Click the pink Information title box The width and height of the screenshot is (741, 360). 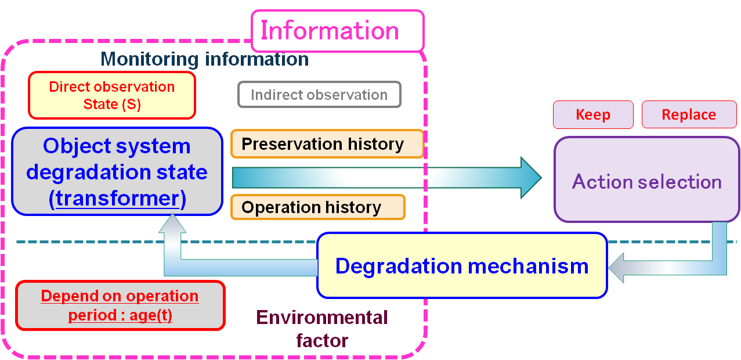(x=337, y=31)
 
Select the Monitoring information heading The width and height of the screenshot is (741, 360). (x=204, y=59)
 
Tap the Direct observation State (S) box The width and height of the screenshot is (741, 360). (x=111, y=95)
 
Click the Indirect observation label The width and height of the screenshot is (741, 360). (x=319, y=95)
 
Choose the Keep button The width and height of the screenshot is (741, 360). (x=592, y=114)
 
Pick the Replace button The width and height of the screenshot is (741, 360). (x=689, y=114)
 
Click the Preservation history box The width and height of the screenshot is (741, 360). (x=327, y=144)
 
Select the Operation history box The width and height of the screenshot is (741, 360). (x=317, y=207)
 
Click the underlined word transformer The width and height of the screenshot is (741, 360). (x=118, y=199)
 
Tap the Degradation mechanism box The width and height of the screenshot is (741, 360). (x=462, y=266)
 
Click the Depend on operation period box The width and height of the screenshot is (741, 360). (x=120, y=305)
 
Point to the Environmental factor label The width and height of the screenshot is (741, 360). (x=322, y=329)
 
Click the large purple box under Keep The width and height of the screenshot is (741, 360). (x=646, y=179)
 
